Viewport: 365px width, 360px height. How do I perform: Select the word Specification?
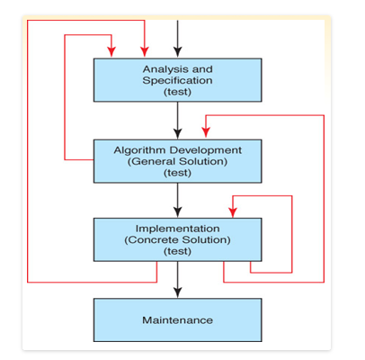click(x=177, y=81)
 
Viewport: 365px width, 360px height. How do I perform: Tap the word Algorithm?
click(x=139, y=150)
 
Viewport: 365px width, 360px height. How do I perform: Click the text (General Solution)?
click(x=177, y=162)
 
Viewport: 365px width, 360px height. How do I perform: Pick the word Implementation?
click(x=177, y=229)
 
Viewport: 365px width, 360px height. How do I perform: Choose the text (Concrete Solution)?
click(x=177, y=240)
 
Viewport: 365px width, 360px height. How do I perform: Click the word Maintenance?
click(x=177, y=320)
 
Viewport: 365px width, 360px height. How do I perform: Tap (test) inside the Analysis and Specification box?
click(x=177, y=92)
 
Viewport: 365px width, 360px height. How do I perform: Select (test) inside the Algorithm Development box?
click(x=177, y=173)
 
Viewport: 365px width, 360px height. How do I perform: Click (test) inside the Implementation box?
click(x=177, y=251)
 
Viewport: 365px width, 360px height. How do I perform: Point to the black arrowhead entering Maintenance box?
click(x=178, y=292)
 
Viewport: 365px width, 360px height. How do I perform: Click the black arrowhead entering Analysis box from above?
click(x=178, y=52)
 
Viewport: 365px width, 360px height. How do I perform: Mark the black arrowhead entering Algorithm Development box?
click(x=178, y=133)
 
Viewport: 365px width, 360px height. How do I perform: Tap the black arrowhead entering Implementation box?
click(x=178, y=212)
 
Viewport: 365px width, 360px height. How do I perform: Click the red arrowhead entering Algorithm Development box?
click(x=206, y=132)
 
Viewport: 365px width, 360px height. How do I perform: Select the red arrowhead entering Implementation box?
click(x=233, y=212)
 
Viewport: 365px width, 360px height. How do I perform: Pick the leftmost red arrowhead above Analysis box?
click(x=111, y=51)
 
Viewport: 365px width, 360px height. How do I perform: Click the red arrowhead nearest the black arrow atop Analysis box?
click(x=145, y=51)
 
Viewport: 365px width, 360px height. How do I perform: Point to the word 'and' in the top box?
click(x=202, y=69)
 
